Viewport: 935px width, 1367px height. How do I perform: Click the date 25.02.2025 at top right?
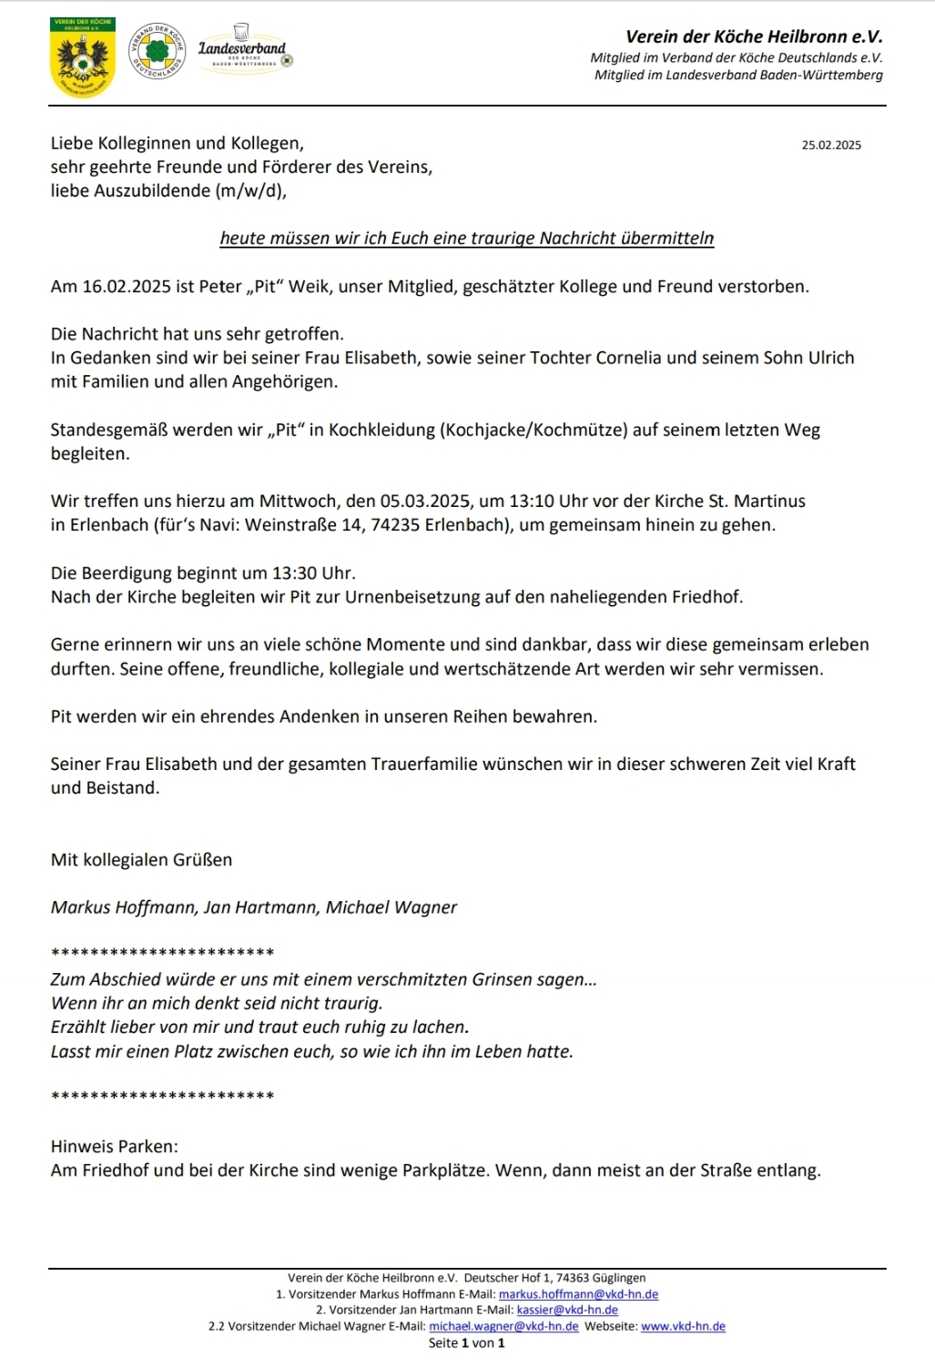pyautogui.click(x=830, y=145)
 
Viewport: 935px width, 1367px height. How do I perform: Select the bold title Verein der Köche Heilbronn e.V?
pyautogui.click(x=753, y=37)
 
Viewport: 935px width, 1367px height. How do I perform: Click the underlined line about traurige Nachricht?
pyautogui.click(x=466, y=238)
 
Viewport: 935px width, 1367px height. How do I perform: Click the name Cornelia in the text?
pyautogui.click(x=628, y=358)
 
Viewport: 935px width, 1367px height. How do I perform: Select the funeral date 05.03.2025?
pyautogui.click(x=425, y=501)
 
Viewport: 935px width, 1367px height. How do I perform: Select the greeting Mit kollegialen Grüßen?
pyautogui.click(x=141, y=860)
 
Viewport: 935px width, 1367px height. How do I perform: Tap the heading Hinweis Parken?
pyautogui.click(x=115, y=1147)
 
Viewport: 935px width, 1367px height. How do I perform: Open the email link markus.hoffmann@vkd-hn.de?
pyautogui.click(x=578, y=1294)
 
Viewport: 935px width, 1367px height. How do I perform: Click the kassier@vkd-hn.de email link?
pyautogui.click(x=567, y=1311)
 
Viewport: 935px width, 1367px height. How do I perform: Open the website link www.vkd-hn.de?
pyautogui.click(x=683, y=1327)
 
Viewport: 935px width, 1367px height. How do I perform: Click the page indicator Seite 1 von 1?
pyautogui.click(x=466, y=1343)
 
